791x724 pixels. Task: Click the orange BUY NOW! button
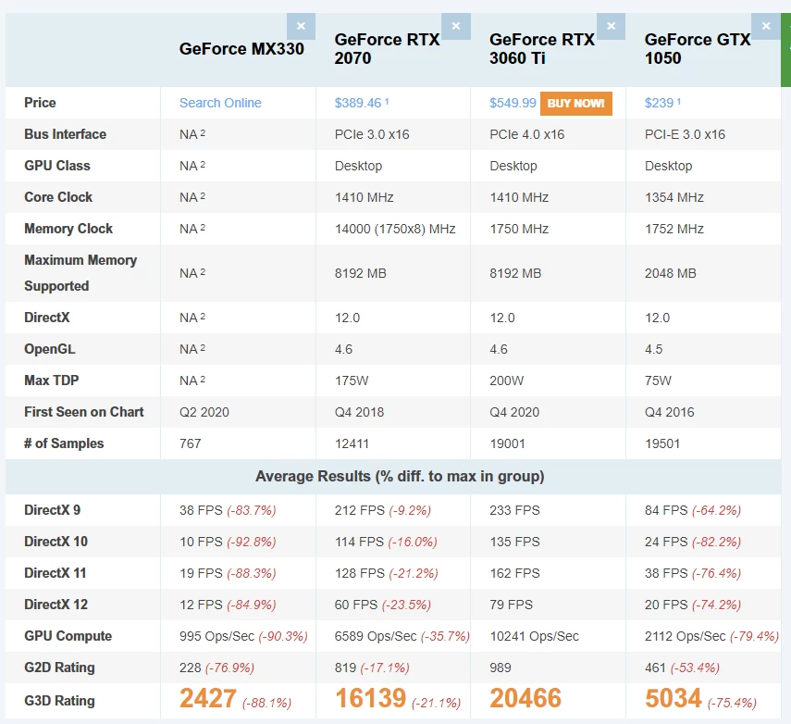(575, 103)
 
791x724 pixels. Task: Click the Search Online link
(220, 103)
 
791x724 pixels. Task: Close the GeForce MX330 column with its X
(301, 26)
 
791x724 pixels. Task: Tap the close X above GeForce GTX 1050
(765, 26)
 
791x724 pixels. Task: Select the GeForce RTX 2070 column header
(387, 49)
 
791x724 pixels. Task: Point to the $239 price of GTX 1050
(660, 103)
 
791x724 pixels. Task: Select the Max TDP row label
(53, 381)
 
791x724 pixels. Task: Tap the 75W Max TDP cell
(658, 381)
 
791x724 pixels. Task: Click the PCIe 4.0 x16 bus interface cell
(526, 134)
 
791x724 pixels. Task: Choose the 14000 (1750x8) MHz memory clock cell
(395, 229)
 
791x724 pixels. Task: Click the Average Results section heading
(400, 477)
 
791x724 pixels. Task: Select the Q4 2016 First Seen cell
(669, 412)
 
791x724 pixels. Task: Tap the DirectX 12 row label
(56, 605)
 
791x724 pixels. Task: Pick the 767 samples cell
(191, 443)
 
